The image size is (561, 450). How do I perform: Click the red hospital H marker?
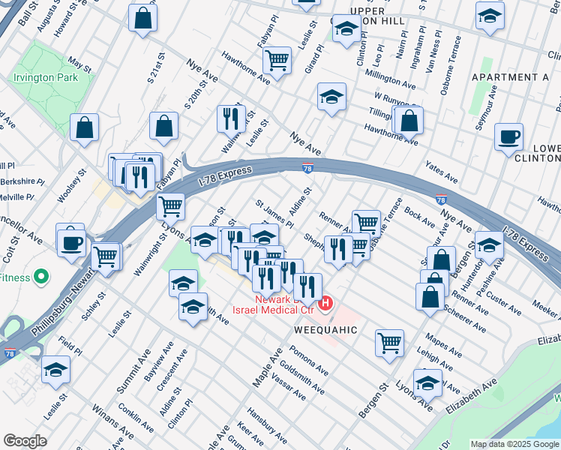tap(326, 304)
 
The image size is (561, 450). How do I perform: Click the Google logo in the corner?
tap(25, 441)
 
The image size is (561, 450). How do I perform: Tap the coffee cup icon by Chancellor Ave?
tap(73, 242)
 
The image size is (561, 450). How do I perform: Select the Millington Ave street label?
tap(390, 77)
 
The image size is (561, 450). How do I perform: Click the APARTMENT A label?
tap(510, 77)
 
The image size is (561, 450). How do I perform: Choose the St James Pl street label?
tap(274, 213)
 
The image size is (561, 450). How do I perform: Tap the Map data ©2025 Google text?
tap(514, 444)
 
